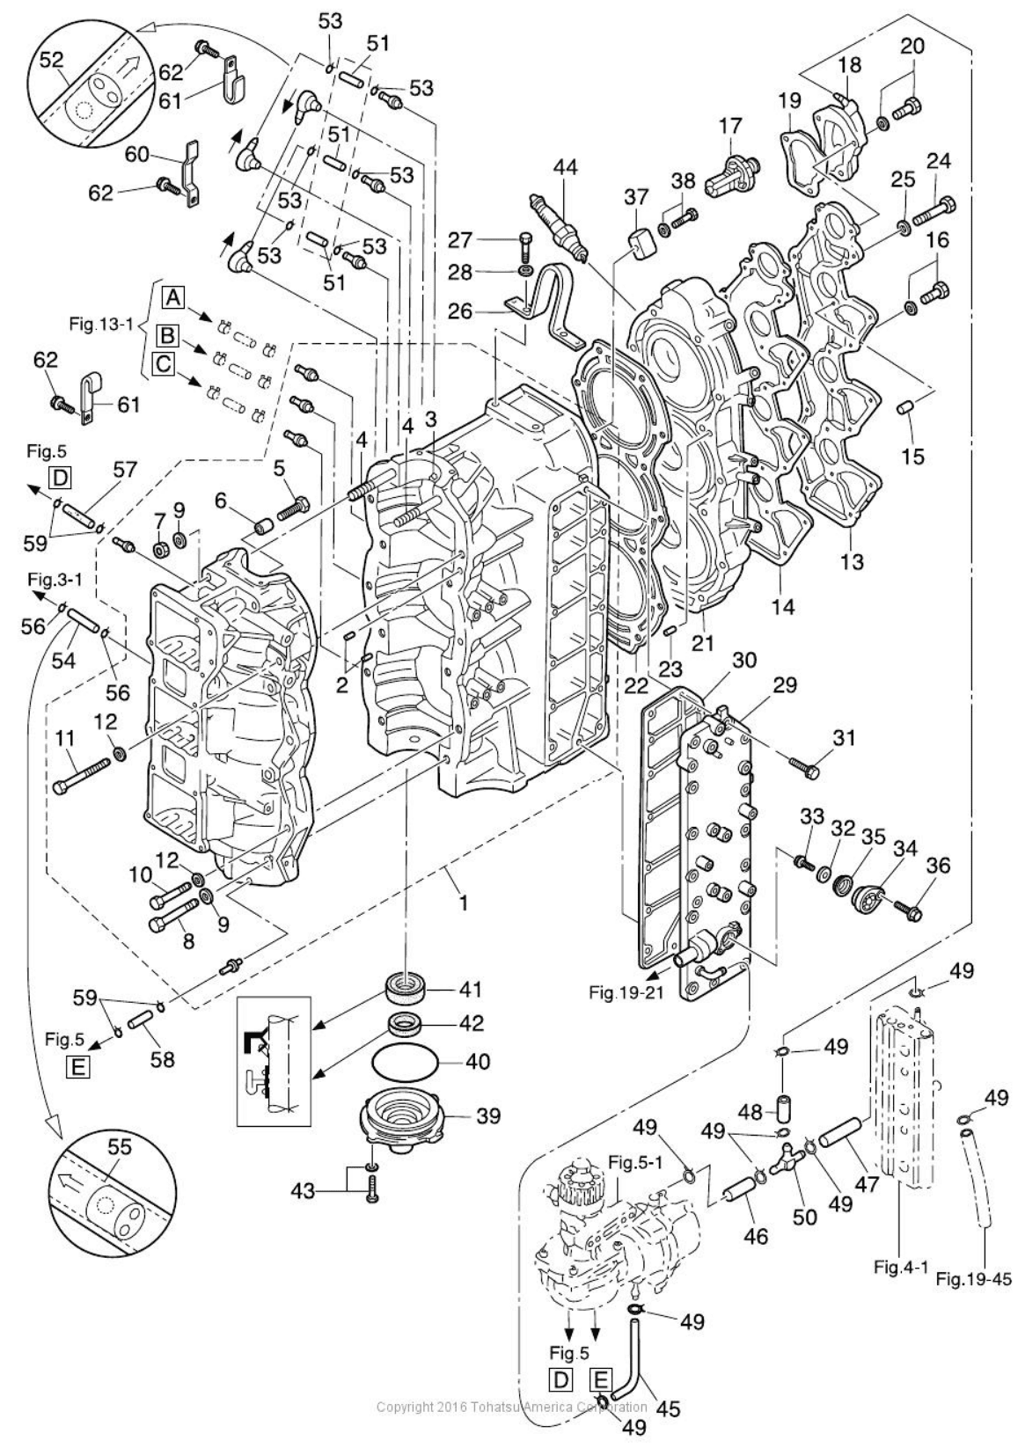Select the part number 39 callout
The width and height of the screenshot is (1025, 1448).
488,1115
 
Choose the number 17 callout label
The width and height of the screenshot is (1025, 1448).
730,127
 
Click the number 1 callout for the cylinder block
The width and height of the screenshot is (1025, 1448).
464,902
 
